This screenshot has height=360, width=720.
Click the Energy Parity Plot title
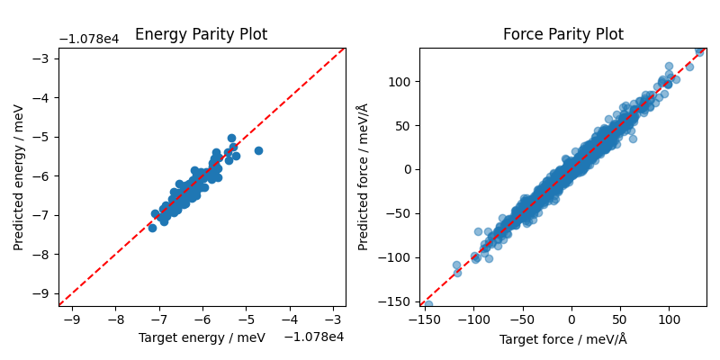[x=201, y=35]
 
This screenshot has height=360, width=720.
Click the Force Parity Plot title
[x=562, y=35]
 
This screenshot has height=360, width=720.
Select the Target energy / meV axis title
[x=202, y=337]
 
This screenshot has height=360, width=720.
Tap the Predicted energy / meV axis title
[x=19, y=176]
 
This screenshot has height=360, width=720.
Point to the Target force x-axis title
[x=562, y=339]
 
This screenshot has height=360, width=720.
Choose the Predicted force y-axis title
[x=363, y=176]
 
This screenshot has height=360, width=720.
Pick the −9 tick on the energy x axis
[x=72, y=319]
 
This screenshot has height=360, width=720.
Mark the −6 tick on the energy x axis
[x=202, y=319]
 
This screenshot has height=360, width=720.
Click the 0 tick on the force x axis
[x=571, y=319]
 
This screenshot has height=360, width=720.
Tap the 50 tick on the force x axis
[x=619, y=319]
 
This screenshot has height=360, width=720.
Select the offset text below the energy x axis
[x=314, y=337]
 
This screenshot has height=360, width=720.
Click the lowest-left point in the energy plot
[x=152, y=228]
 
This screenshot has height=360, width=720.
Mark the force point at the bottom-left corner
[x=427, y=304]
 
